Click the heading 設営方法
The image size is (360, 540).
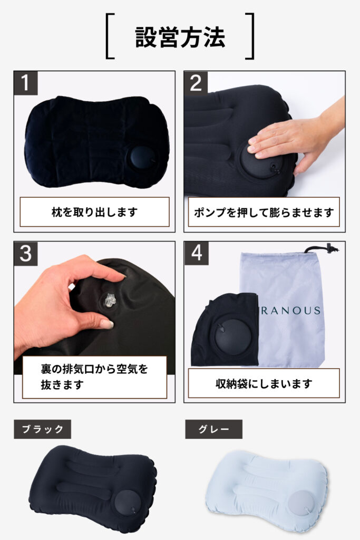coord(180,37)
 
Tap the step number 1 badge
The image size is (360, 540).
coord(26,83)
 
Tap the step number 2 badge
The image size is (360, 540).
coord(196,83)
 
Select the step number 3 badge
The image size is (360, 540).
coord(26,254)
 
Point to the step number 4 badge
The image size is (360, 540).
coord(196,253)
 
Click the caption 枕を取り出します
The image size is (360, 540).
coord(95,212)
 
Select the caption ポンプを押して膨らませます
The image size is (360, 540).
coord(264,212)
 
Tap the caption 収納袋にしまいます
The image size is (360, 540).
coord(264,383)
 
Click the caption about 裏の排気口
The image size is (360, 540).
coord(94,377)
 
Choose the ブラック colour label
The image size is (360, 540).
coord(42,429)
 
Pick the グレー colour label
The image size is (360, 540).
coord(213,429)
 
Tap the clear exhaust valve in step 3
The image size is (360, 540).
coord(110,301)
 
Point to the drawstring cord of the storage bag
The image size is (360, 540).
coord(322,248)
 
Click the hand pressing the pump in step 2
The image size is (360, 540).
coord(296,138)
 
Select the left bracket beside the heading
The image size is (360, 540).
coord(110,36)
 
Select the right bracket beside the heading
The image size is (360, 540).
coord(250,36)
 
